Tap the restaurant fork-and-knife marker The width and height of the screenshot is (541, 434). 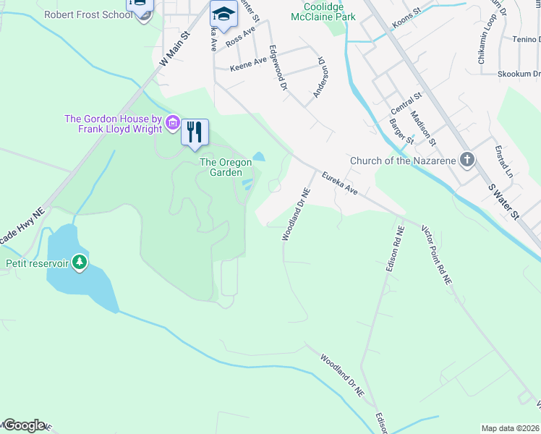coord(195,132)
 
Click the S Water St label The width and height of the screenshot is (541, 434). coord(504,202)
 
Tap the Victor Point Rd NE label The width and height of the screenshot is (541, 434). coord(437,253)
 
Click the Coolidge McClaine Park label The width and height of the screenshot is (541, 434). coord(323,11)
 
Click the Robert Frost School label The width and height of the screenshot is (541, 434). coord(88,14)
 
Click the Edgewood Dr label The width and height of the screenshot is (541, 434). coord(278,67)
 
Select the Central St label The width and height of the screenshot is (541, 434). coord(405,103)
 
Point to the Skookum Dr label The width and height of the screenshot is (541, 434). coord(519,74)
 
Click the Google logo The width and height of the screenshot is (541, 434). coord(23,425)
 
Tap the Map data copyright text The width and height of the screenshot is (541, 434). coord(511,428)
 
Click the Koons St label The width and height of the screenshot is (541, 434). coord(406,20)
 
